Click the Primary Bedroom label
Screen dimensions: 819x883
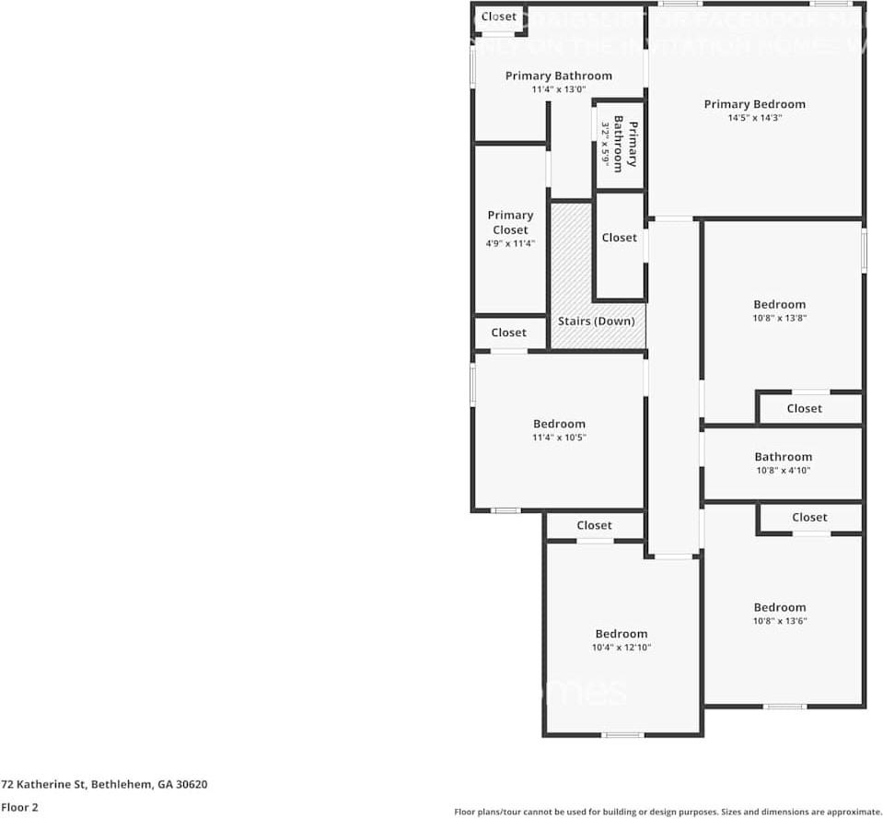click(754, 104)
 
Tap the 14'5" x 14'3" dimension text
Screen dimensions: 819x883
click(754, 118)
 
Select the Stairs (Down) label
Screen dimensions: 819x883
click(596, 321)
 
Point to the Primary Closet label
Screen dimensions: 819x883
click(510, 222)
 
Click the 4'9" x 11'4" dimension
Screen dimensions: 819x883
click(510, 243)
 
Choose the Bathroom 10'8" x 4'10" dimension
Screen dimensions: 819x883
click(783, 470)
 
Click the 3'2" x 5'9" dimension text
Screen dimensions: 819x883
click(606, 144)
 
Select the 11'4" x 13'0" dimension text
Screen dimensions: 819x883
click(558, 89)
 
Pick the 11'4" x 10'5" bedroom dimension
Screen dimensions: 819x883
click(559, 438)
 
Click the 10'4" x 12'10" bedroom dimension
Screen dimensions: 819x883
click(621, 648)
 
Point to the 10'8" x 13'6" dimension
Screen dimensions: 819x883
click(780, 621)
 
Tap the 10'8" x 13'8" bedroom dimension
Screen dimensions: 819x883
click(780, 318)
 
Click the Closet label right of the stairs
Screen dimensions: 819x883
click(619, 238)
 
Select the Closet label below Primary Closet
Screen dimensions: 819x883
click(508, 333)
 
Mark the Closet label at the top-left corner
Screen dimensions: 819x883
click(499, 17)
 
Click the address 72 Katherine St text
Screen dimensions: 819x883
click(104, 784)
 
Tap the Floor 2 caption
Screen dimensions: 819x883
click(19, 807)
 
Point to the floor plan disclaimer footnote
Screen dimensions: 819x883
click(668, 812)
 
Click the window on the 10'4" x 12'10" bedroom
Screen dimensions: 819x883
click(622, 734)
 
